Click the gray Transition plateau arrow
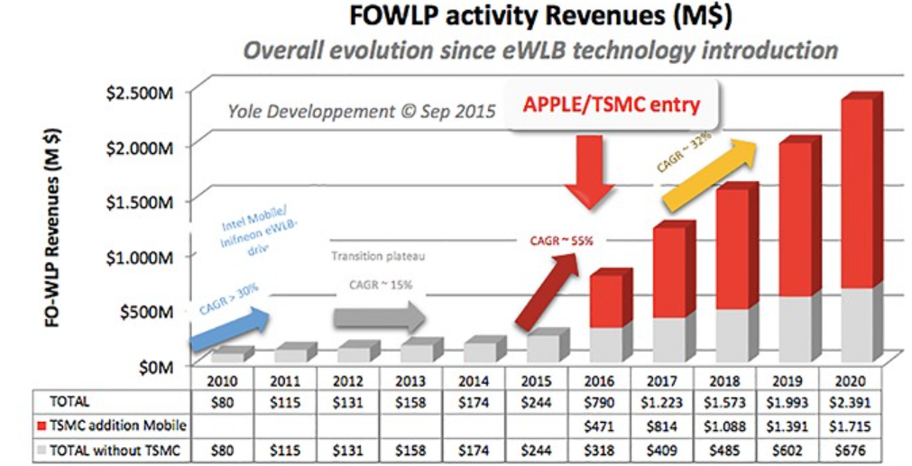click(379, 316)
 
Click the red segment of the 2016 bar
click(605, 300)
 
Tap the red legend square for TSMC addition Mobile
click(44, 425)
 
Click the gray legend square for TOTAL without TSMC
click(44, 448)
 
